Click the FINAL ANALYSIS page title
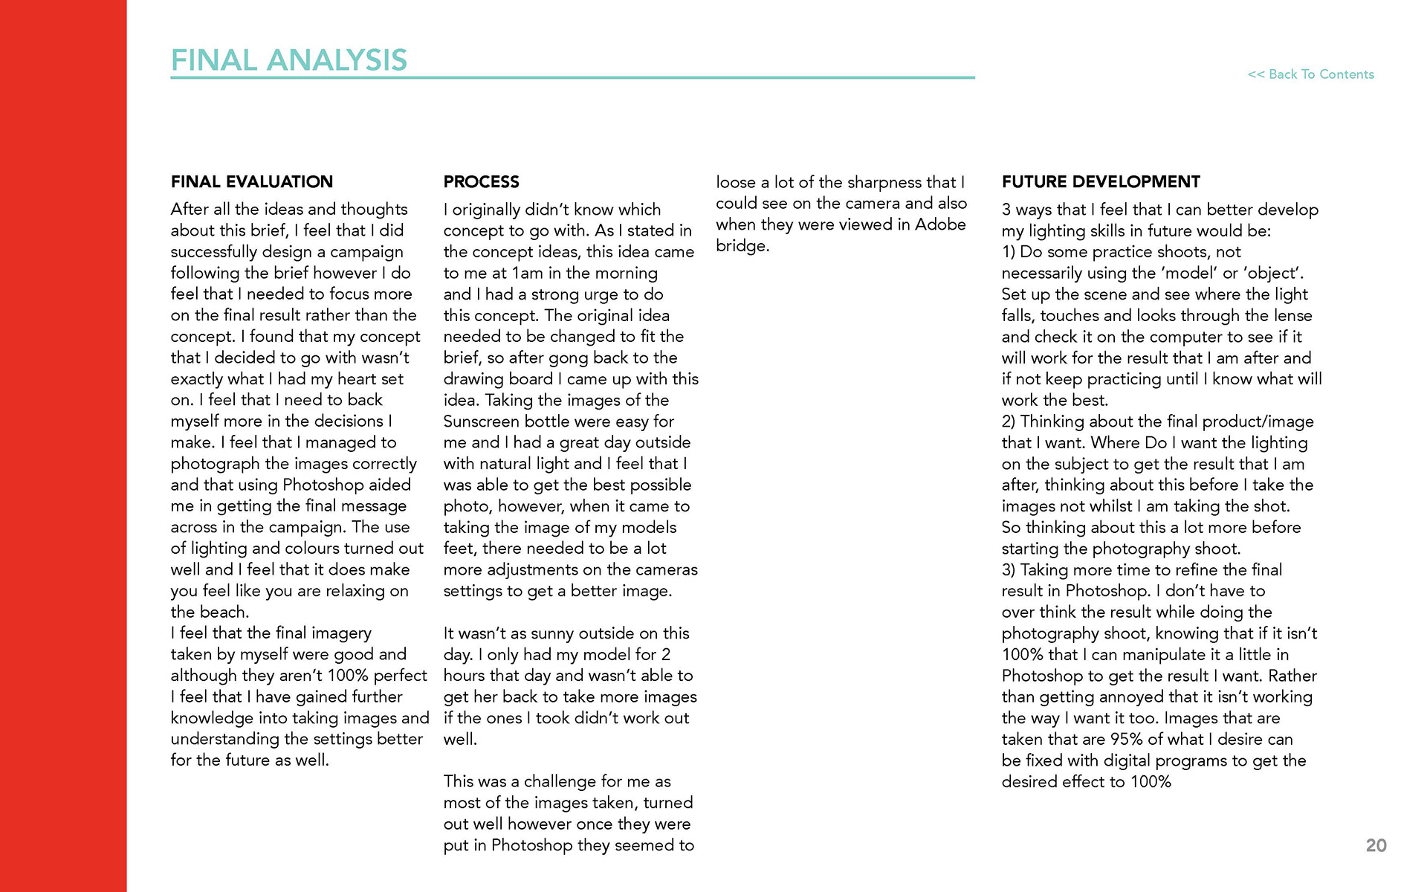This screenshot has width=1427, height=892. (x=288, y=60)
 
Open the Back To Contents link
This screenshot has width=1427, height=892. (x=1310, y=74)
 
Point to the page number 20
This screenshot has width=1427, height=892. (x=1376, y=845)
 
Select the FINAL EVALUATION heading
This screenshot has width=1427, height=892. (x=251, y=182)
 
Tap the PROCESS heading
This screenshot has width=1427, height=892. (x=481, y=182)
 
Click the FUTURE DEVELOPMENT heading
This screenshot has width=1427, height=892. (x=1100, y=182)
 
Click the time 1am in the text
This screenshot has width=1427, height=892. (x=528, y=274)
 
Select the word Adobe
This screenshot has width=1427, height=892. (x=940, y=224)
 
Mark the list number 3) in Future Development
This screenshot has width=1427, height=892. (x=1009, y=570)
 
